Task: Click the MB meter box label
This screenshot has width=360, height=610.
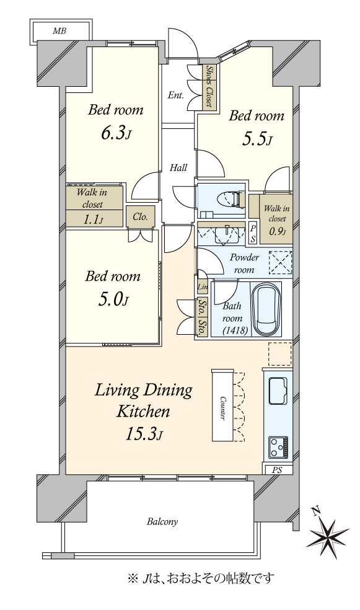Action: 59,31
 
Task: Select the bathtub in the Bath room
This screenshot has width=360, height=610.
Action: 266,310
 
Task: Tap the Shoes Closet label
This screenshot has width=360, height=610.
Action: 209,86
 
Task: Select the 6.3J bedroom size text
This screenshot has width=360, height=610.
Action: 115,133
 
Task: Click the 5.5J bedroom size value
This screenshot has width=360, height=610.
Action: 257,139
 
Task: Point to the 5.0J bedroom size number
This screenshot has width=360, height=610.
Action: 113,299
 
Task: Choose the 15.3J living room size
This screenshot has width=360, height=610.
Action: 143,434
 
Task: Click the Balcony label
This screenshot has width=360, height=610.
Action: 162,522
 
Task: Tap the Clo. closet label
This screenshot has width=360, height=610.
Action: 140,217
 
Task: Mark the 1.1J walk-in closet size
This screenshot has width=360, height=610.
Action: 94,219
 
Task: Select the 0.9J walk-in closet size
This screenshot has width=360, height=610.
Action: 278,231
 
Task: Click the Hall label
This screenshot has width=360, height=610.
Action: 178,167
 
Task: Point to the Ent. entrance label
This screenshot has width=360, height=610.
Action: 176,95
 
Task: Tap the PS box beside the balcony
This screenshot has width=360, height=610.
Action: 276,470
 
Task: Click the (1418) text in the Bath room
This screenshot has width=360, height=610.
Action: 235,330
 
